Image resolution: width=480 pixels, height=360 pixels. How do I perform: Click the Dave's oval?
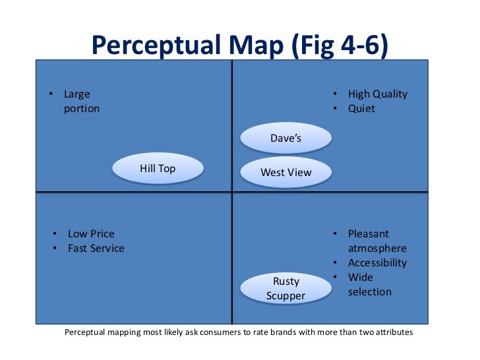tap(285, 138)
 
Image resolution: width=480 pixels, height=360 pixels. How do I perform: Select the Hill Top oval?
tap(158, 169)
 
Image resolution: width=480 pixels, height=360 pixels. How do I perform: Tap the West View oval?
tap(285, 173)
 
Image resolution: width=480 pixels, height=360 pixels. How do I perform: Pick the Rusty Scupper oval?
tap(285, 289)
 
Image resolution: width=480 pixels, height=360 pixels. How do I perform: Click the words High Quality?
tap(378, 94)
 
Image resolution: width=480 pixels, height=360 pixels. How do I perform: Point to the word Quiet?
tap(361, 109)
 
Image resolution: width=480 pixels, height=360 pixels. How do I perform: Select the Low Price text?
tap(91, 234)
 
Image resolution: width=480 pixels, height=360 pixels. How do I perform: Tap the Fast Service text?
tap(96, 249)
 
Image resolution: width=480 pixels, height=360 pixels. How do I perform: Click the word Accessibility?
tap(377, 263)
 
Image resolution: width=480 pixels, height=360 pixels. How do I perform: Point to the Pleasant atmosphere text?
tap(377, 241)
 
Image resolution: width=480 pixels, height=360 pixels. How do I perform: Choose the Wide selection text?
tap(369, 284)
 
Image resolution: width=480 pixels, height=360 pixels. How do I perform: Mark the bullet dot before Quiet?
tap(335, 109)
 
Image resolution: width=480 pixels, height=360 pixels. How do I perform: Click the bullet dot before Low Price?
tap(55, 234)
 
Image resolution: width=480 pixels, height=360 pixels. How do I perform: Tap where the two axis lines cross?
tap(232, 192)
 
